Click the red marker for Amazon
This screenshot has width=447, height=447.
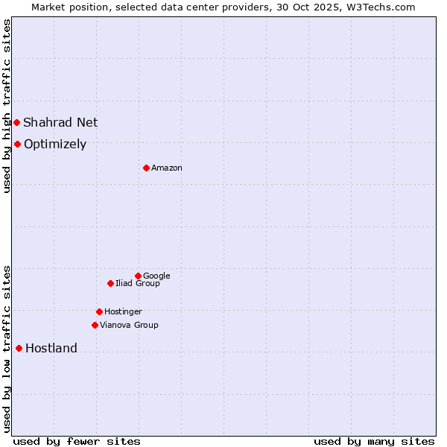click(x=146, y=168)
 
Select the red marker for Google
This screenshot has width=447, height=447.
click(x=138, y=276)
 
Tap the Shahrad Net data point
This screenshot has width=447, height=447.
click(x=16, y=122)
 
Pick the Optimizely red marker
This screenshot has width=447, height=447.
click(x=17, y=144)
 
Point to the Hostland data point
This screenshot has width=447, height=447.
click(x=19, y=348)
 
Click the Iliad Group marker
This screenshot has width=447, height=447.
click(x=110, y=283)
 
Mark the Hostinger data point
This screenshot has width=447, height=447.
click(x=99, y=311)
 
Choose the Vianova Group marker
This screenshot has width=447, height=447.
click(x=95, y=325)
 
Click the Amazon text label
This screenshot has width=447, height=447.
click(x=167, y=168)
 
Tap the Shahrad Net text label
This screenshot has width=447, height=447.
click(x=60, y=123)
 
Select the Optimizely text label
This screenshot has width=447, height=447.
click(x=55, y=145)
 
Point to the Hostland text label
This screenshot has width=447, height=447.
click(x=51, y=349)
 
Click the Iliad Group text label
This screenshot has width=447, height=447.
click(x=138, y=284)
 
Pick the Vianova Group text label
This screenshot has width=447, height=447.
click(x=129, y=326)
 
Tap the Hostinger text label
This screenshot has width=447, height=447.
click(x=123, y=312)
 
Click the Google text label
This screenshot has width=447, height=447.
click(x=156, y=276)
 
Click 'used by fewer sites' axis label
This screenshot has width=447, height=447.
click(x=77, y=442)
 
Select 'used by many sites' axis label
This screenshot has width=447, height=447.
click(x=374, y=442)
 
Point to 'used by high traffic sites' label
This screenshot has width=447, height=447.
click(x=7, y=106)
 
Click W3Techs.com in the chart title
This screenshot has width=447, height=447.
click(x=379, y=7)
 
